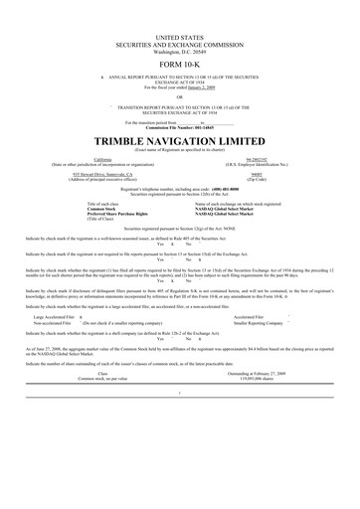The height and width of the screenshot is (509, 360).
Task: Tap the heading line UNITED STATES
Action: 179,35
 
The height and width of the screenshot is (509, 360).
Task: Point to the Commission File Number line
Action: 179,128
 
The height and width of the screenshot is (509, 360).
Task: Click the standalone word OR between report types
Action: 179,96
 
